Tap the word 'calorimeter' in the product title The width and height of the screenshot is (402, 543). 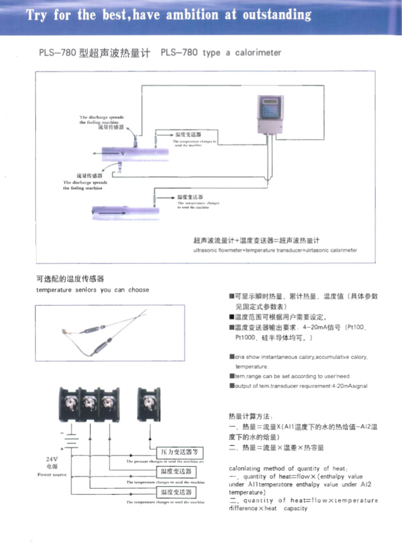(x=255, y=53)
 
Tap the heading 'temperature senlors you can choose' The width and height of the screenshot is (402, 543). (x=92, y=290)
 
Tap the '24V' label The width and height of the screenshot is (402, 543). (x=52, y=459)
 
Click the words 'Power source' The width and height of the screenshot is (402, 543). (x=52, y=474)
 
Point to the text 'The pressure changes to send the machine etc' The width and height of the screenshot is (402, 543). (x=165, y=462)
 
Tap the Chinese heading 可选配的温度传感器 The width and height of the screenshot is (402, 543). (x=74, y=279)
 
